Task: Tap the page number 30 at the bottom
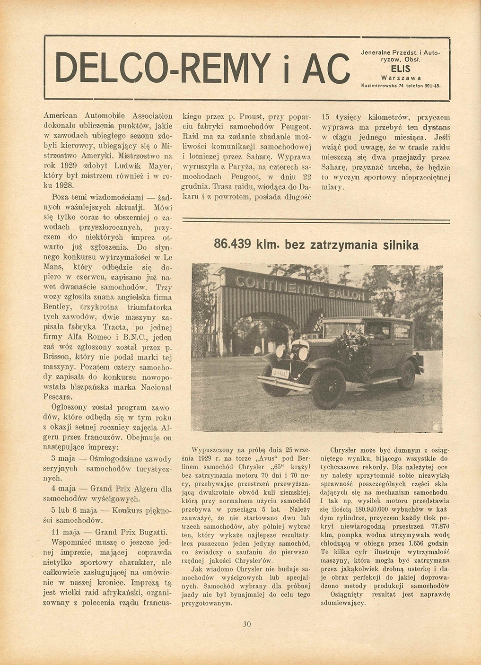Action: tap(247, 624)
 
